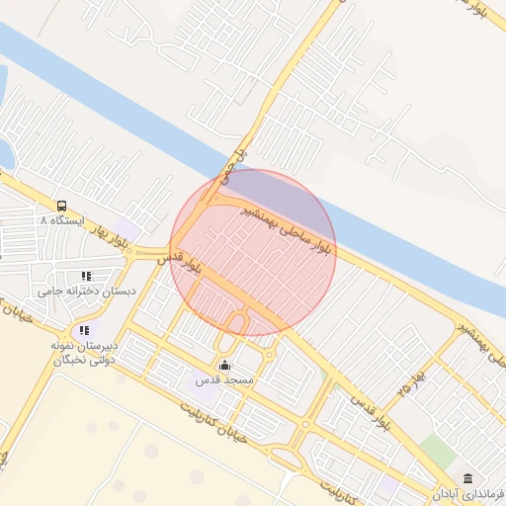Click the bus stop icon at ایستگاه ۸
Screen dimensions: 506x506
click(62, 206)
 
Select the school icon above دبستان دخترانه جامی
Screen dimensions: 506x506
click(86, 276)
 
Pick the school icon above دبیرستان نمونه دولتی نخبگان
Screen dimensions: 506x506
click(85, 330)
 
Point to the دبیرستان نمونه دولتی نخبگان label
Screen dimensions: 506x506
click(84, 353)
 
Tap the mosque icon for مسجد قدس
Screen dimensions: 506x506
click(224, 366)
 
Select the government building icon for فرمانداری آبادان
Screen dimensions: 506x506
click(467, 478)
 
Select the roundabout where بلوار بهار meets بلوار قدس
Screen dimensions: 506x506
click(150, 252)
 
